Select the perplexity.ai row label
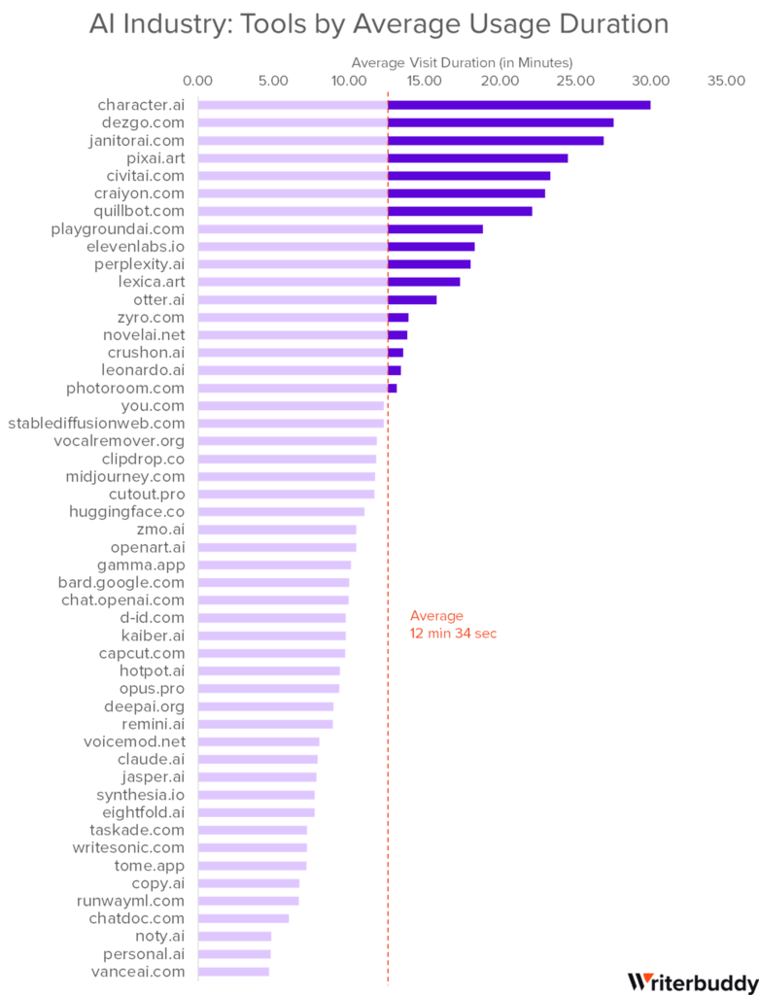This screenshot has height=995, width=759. (146, 263)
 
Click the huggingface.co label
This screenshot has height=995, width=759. (132, 511)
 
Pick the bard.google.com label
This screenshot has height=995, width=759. (121, 582)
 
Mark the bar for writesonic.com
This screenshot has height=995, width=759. (253, 847)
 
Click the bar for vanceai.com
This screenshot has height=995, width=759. (234, 971)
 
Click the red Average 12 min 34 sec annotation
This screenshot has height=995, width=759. (453, 625)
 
